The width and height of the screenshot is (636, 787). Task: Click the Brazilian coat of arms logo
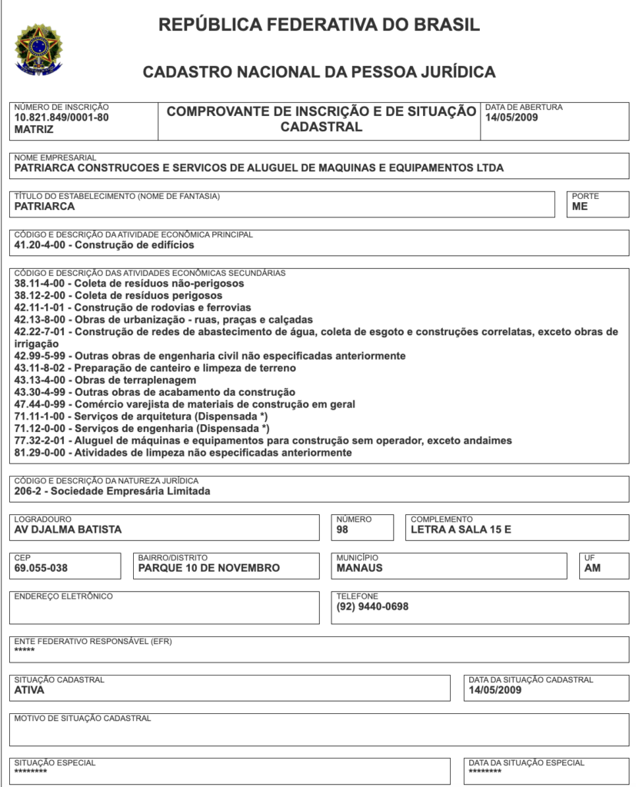pyautogui.click(x=39, y=50)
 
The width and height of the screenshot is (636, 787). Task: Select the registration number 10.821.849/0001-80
pyautogui.click(x=62, y=118)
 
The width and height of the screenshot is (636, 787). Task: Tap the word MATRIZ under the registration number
pyautogui.click(x=34, y=130)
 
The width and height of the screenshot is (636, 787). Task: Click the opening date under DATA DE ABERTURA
pyautogui.click(x=511, y=118)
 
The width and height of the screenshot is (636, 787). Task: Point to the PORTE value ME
pyautogui.click(x=580, y=207)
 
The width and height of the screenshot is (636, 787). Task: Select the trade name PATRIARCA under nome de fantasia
pyautogui.click(x=45, y=207)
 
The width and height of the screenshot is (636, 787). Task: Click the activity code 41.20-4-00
pyautogui.click(x=42, y=245)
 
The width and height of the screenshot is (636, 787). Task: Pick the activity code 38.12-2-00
pyautogui.click(x=42, y=295)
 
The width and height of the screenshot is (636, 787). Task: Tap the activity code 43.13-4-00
pyautogui.click(x=42, y=380)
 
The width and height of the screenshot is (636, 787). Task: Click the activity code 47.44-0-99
pyautogui.click(x=42, y=404)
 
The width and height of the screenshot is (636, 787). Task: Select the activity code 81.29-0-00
pyautogui.click(x=42, y=453)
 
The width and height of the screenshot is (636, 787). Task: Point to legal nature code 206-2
pyautogui.click(x=30, y=491)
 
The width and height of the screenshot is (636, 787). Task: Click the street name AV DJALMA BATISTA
pyautogui.click(x=68, y=530)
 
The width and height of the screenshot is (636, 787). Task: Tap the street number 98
pyautogui.click(x=343, y=530)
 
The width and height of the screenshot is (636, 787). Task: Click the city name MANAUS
pyautogui.click(x=359, y=568)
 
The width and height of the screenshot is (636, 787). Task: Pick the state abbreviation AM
pyautogui.click(x=592, y=568)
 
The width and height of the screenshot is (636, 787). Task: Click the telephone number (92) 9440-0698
pyautogui.click(x=372, y=606)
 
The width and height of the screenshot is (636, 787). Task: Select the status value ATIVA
pyautogui.click(x=29, y=690)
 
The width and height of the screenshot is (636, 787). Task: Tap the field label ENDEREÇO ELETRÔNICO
pyautogui.click(x=63, y=596)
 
